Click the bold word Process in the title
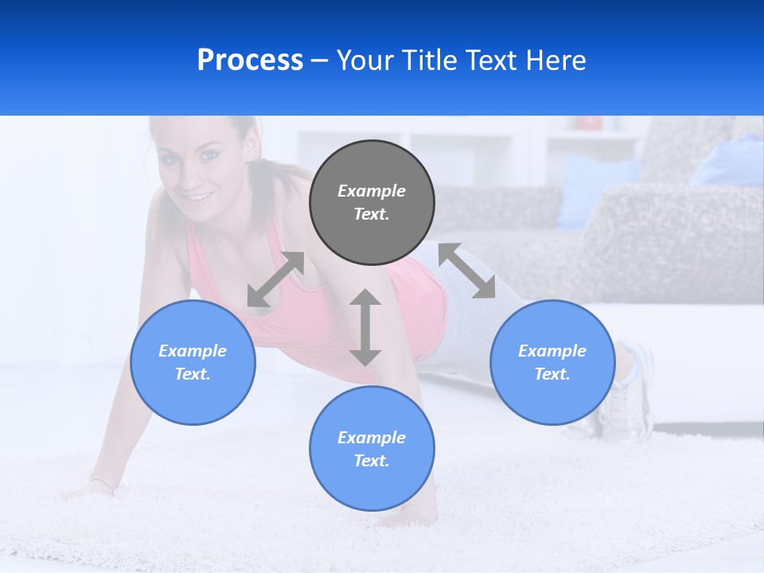(250, 60)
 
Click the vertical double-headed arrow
(365, 327)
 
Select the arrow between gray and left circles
(275, 279)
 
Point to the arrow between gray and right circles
(467, 271)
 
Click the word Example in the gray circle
(372, 191)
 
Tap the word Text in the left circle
(193, 374)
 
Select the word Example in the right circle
(552, 351)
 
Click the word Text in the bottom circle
(372, 461)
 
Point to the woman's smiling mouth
(197, 196)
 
